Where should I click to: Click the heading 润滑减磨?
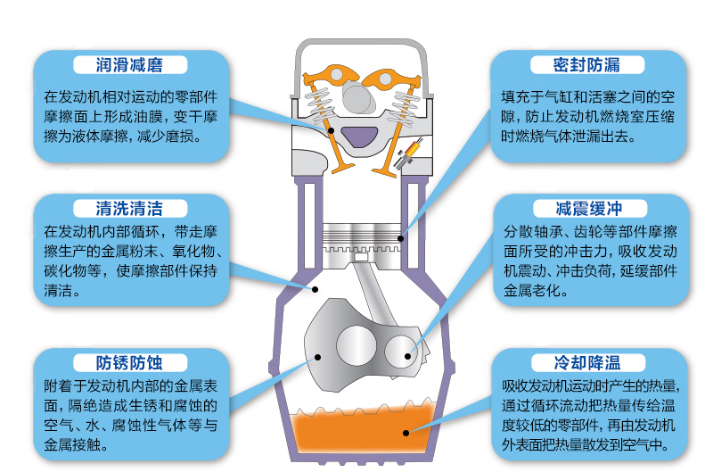(129, 65)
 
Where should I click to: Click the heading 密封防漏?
(586, 65)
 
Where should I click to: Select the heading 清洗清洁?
(129, 209)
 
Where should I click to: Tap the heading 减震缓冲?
(589, 209)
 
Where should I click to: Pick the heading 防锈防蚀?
(129, 363)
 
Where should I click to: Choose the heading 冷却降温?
(587, 363)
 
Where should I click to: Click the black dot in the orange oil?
(406, 433)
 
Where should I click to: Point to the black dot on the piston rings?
(400, 238)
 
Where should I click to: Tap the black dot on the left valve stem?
(331, 130)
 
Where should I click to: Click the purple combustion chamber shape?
(359, 137)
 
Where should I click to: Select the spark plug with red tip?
(407, 153)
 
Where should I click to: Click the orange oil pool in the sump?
(362, 430)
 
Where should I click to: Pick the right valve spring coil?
(404, 108)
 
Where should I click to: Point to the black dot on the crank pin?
(408, 356)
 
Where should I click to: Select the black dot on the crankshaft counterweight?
(318, 357)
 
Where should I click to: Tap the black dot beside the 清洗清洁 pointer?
(315, 289)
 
